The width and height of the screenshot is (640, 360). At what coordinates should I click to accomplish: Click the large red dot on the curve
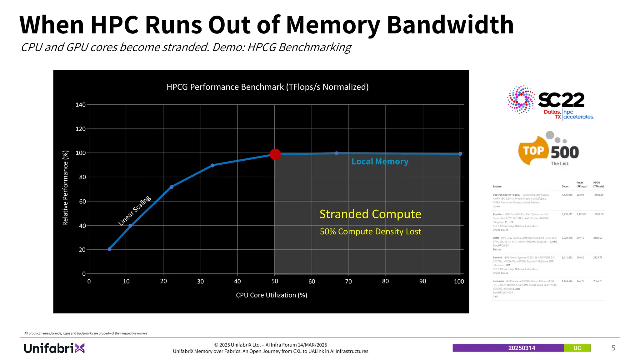pos(275,154)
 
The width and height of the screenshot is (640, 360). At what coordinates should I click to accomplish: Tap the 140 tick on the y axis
pos(81,105)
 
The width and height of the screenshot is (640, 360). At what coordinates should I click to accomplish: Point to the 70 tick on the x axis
pos(348,281)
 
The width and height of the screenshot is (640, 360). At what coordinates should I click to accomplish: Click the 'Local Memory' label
pos(380,162)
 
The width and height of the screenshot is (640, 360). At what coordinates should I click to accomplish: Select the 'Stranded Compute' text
pos(370,214)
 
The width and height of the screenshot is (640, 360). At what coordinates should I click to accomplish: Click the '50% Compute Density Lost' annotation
pos(370,232)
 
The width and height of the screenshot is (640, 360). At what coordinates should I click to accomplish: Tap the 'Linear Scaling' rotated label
pos(135,210)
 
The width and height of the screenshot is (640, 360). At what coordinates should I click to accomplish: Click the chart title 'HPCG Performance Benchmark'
pos(267,87)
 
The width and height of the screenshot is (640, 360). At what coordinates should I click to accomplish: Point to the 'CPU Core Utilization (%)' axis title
pos(272,295)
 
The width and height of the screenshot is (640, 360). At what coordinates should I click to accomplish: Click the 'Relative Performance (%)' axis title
pos(65,188)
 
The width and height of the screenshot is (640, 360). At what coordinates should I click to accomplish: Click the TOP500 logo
pos(548,149)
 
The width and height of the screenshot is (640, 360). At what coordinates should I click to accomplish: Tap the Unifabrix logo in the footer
pos(54,348)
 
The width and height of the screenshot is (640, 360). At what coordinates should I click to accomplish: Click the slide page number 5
pos(613,348)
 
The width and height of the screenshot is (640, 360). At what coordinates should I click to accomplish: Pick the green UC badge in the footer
pos(577,348)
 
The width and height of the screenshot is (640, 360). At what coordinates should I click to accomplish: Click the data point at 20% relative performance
pos(109,249)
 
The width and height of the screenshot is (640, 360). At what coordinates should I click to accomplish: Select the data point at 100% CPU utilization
pos(460,154)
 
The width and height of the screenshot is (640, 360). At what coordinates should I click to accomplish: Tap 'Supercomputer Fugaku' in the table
pos(506,195)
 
